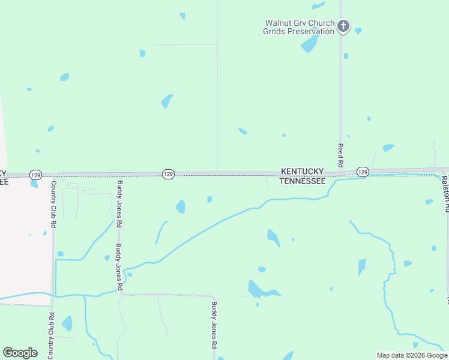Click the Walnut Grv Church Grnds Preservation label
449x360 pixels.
coord(300,27)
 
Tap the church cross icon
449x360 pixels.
coord(343,26)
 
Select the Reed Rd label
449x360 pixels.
coord(340,155)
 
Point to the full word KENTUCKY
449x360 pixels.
coord(303,171)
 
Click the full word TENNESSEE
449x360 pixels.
coord(303,181)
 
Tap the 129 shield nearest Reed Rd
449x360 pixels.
coord(363,172)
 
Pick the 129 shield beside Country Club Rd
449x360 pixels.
coord(35,175)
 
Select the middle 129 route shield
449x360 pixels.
coord(168,174)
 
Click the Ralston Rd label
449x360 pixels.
coord(445,194)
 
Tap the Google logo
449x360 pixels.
coord(20,352)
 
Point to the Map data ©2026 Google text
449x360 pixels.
coord(412,355)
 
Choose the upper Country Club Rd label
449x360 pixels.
coord(53,204)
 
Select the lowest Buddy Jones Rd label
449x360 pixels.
coord(213,325)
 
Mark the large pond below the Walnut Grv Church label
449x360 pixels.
coord(309,44)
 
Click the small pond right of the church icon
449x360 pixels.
coord(358,31)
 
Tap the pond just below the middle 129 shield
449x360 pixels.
coord(180,207)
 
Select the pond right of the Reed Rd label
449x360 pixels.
coord(388,147)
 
